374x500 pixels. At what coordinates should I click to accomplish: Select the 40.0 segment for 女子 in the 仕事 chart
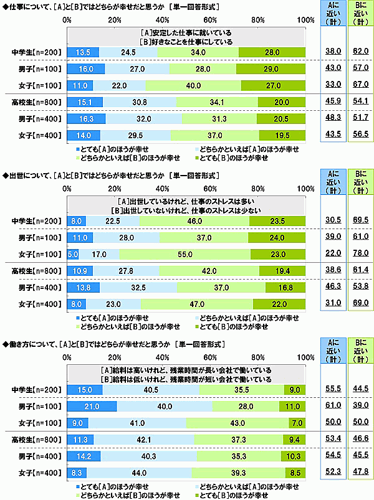(x=193, y=84)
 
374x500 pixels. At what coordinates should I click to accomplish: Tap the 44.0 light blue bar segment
(x=140, y=473)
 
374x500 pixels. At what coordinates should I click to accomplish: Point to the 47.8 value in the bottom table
(x=358, y=473)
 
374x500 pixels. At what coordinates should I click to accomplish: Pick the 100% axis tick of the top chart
(x=305, y=20)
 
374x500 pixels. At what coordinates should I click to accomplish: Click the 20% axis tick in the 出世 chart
(x=115, y=189)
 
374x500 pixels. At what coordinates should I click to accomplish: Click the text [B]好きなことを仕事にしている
(x=186, y=41)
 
